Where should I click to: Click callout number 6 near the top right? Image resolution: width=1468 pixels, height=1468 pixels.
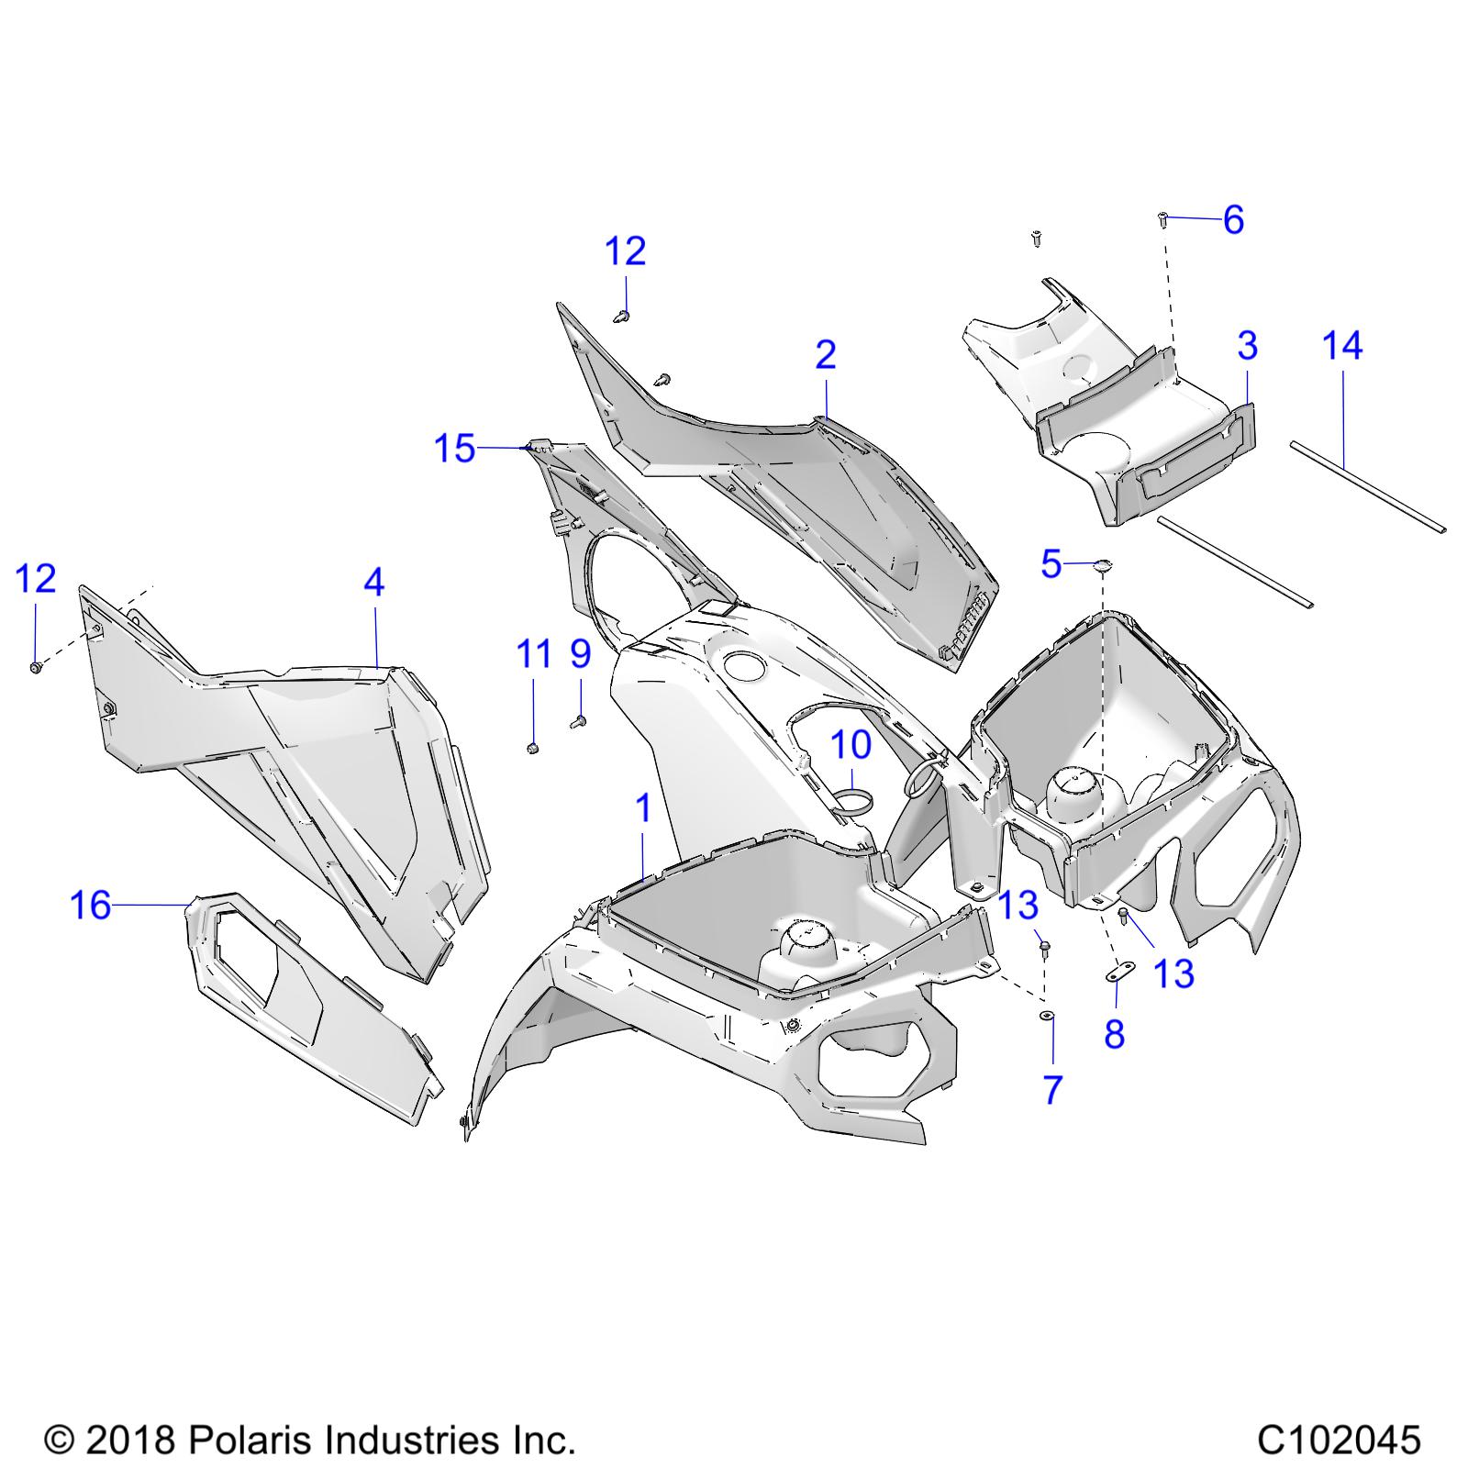[x=1233, y=220]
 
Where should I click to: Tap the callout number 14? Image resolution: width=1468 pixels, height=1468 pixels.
[x=1342, y=346]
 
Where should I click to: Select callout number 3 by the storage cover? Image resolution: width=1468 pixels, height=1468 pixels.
[x=1247, y=346]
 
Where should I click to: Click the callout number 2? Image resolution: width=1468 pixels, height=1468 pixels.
[x=826, y=354]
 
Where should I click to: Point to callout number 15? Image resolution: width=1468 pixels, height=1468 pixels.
[x=455, y=449]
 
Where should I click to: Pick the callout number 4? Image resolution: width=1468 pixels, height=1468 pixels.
[x=373, y=582]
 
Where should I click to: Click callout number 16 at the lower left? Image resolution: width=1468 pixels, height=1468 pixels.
[x=91, y=906]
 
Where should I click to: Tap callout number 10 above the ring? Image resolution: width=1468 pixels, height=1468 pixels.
[x=851, y=744]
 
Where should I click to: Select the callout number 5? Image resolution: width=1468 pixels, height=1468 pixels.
[x=1051, y=564]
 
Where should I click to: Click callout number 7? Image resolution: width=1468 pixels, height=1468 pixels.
[x=1052, y=1090]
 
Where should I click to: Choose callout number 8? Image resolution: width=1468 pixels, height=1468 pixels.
[x=1114, y=1034]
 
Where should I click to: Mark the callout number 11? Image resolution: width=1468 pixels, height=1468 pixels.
[x=535, y=654]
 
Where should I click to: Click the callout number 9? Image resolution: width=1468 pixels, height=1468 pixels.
[x=580, y=654]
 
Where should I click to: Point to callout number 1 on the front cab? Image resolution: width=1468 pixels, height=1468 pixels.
[x=644, y=808]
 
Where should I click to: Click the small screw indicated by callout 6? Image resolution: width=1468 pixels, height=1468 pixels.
[x=1162, y=220]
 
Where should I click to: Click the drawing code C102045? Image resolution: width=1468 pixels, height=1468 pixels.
[x=1339, y=1439]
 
